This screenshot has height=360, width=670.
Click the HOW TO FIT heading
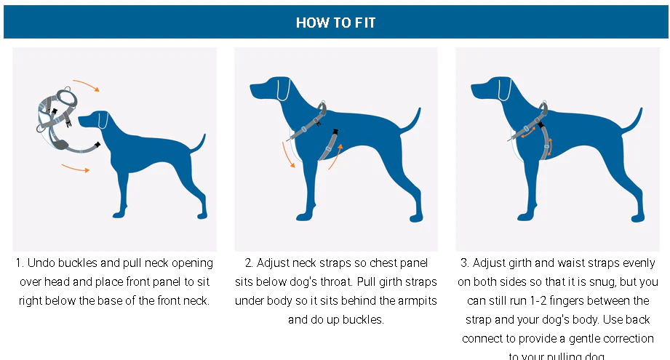coord(335,23)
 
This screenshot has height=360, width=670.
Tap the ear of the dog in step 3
coord(505,91)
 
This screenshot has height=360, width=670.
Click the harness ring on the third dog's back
coord(544,109)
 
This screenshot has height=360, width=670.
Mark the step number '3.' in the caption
coord(465,263)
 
